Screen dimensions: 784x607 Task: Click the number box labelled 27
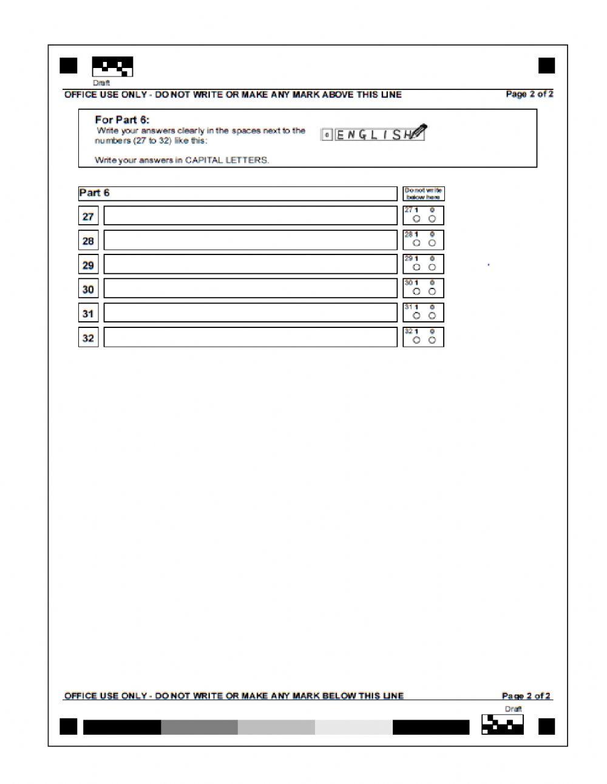(88, 216)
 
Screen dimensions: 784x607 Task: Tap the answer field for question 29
(250, 264)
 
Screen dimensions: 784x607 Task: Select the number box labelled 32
(88, 338)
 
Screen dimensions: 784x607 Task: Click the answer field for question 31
(250, 313)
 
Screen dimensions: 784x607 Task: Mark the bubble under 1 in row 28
(416, 243)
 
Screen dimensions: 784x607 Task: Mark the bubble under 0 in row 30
(432, 291)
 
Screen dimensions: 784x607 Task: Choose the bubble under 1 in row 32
(416, 340)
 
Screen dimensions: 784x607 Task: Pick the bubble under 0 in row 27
(432, 219)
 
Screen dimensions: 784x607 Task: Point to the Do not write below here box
(424, 194)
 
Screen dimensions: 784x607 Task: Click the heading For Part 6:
(122, 120)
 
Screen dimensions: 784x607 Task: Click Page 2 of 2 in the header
(529, 94)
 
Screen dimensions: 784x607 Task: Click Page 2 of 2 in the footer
(526, 696)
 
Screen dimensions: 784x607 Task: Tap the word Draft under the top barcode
(101, 83)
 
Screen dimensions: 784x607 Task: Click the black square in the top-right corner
(546, 66)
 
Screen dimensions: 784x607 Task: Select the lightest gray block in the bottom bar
(353, 727)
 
